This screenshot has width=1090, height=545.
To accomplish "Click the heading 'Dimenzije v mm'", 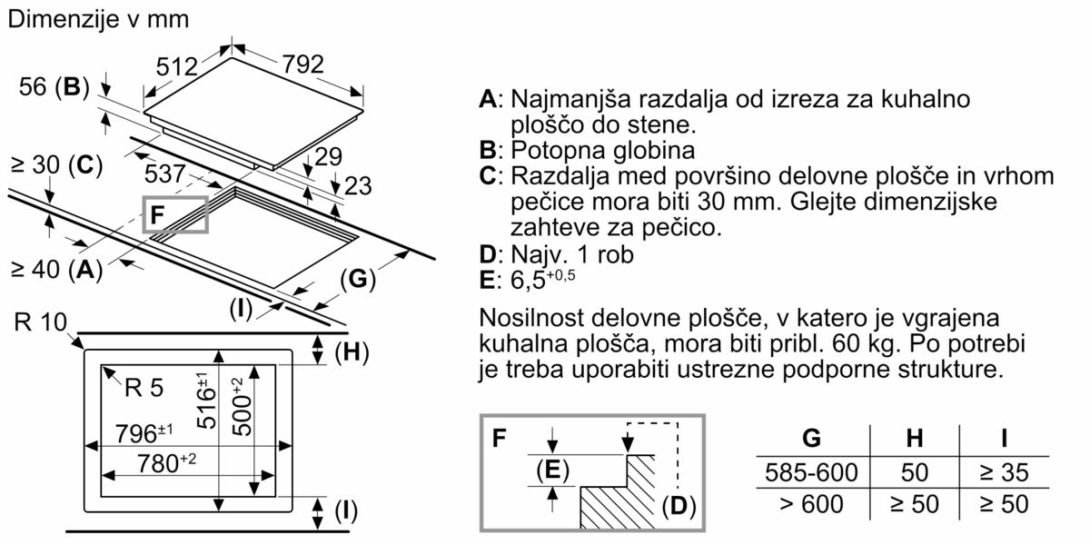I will pos(99,19).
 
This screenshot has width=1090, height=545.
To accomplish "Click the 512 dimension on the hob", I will pos(176,67).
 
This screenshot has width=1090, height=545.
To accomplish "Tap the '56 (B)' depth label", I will pos(54,87).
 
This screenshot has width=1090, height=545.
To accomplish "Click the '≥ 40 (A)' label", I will pos(54,269).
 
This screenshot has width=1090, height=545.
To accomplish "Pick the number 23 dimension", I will pos(358,186).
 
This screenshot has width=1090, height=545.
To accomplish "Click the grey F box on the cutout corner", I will pos(175,214).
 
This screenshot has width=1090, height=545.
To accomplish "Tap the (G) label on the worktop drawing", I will pos(358,280).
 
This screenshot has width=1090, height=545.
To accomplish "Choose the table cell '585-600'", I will pos(811,472).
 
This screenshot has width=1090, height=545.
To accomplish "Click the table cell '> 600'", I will pos(811,504).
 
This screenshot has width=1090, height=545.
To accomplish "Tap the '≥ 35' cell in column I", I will pos(1004,472).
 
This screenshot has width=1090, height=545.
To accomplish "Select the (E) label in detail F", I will pos(551,470).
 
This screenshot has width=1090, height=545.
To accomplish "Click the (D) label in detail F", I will pos(678,505).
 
